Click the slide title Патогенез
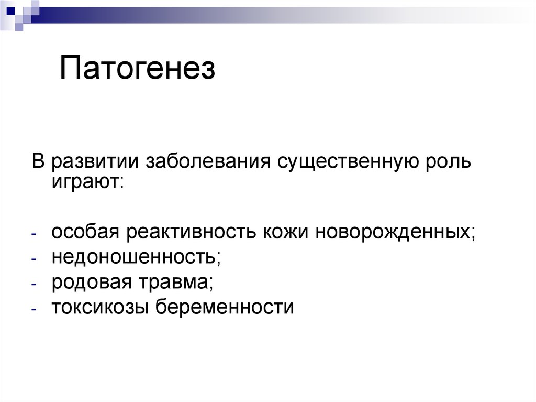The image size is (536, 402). point(137,70)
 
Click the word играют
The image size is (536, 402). point(87,181)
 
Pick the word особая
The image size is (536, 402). point(83,232)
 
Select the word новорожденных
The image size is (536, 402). point(395,232)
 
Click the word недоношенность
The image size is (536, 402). point(136,257)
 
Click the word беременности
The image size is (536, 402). point(225,307)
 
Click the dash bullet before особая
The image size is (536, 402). point(33,233)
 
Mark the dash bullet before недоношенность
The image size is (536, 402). point(33,258)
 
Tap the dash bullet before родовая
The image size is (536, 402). point(33,284)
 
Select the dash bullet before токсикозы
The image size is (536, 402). point(33,309)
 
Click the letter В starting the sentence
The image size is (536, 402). point(38,161)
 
